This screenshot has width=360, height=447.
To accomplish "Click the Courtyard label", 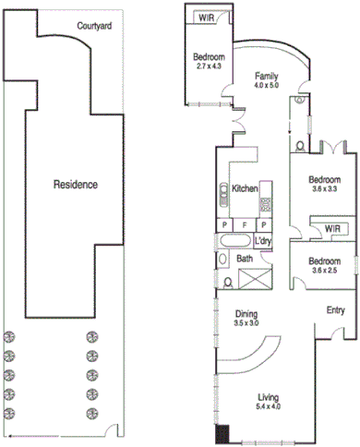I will pos(94,27).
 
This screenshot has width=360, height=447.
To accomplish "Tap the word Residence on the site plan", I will pos(75,184).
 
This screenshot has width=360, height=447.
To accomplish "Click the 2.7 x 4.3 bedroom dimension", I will pos(210,66).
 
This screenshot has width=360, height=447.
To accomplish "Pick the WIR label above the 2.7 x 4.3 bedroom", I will pos(207,17).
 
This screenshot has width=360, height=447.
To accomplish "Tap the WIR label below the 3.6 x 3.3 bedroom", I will pos(329,228).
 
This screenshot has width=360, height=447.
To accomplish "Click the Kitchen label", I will pos(245,188).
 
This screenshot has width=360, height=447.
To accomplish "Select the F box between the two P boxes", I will pos(244,224).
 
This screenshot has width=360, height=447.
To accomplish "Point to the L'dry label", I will pos(264,242).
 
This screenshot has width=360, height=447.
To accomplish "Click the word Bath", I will pos(245,259).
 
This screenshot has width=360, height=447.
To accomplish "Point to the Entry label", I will pos(334,310).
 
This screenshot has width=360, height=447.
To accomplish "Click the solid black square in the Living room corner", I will pos(222,433).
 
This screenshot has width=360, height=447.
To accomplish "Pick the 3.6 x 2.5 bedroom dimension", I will pos(325,271).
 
